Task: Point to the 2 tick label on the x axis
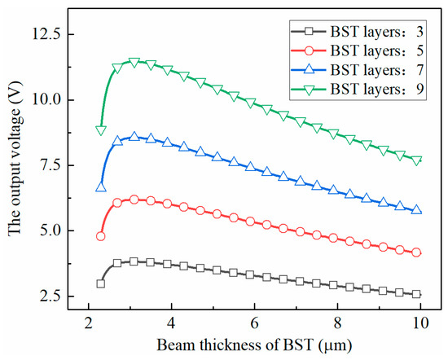[88, 323]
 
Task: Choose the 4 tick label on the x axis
[171, 323]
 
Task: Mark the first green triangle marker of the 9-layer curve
[100, 130]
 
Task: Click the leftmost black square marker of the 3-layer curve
[100, 283]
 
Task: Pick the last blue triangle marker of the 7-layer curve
[417, 209]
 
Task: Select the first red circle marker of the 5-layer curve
[100, 236]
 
